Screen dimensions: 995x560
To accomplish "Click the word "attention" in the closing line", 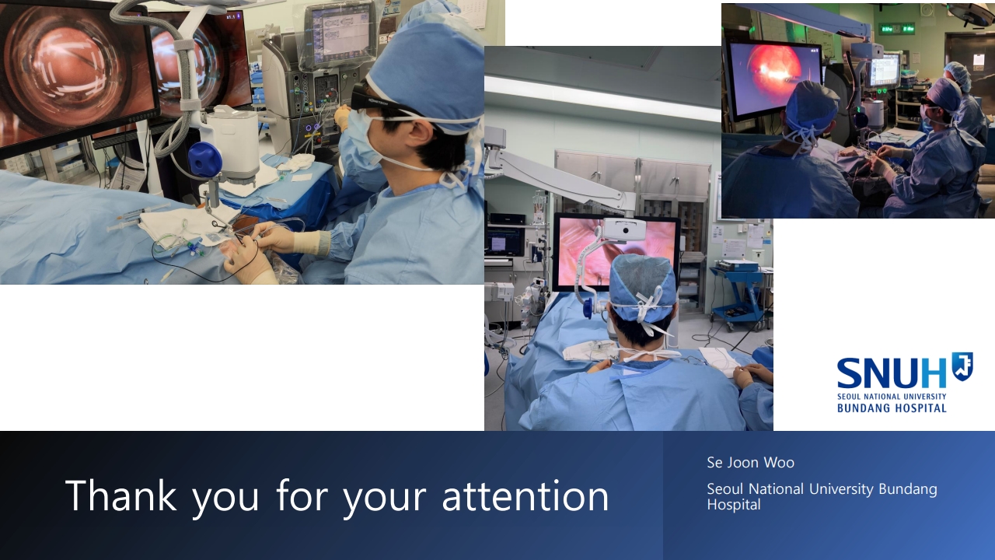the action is point(525,496).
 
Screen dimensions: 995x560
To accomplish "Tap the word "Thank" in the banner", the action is point(120,495).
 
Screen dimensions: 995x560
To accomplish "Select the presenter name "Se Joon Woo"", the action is point(750,463).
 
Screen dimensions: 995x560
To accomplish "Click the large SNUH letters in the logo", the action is point(892,374).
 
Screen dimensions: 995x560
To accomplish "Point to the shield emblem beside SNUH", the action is point(962,366).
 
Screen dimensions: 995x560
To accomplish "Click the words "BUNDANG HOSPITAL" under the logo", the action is point(892,408).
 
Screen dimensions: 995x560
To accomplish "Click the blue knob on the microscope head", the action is point(204,159).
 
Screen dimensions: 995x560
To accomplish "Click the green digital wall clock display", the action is point(897,29).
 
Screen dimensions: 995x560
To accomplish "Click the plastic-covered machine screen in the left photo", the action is point(340,33).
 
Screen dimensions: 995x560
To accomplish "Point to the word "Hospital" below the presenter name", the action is point(734,505).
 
